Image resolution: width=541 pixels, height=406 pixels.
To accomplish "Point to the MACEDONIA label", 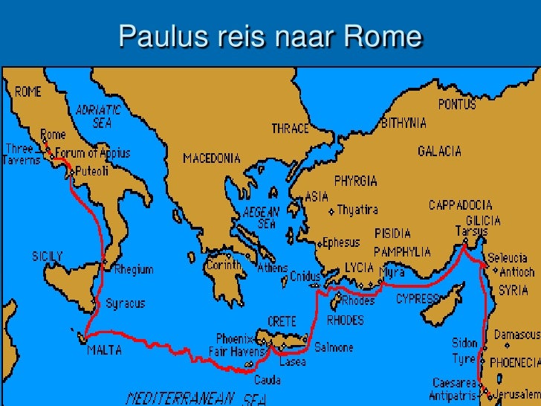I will click(x=212, y=158).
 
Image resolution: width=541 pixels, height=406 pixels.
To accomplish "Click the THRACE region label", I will click(x=290, y=129).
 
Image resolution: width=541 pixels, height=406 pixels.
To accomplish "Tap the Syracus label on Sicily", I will click(x=125, y=303).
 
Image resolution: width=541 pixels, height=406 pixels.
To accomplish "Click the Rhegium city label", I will click(x=133, y=270).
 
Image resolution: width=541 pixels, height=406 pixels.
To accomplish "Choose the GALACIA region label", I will click(x=439, y=151).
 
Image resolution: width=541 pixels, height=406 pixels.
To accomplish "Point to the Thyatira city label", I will click(x=357, y=210).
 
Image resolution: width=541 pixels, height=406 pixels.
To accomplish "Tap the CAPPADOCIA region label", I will click(x=461, y=204).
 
